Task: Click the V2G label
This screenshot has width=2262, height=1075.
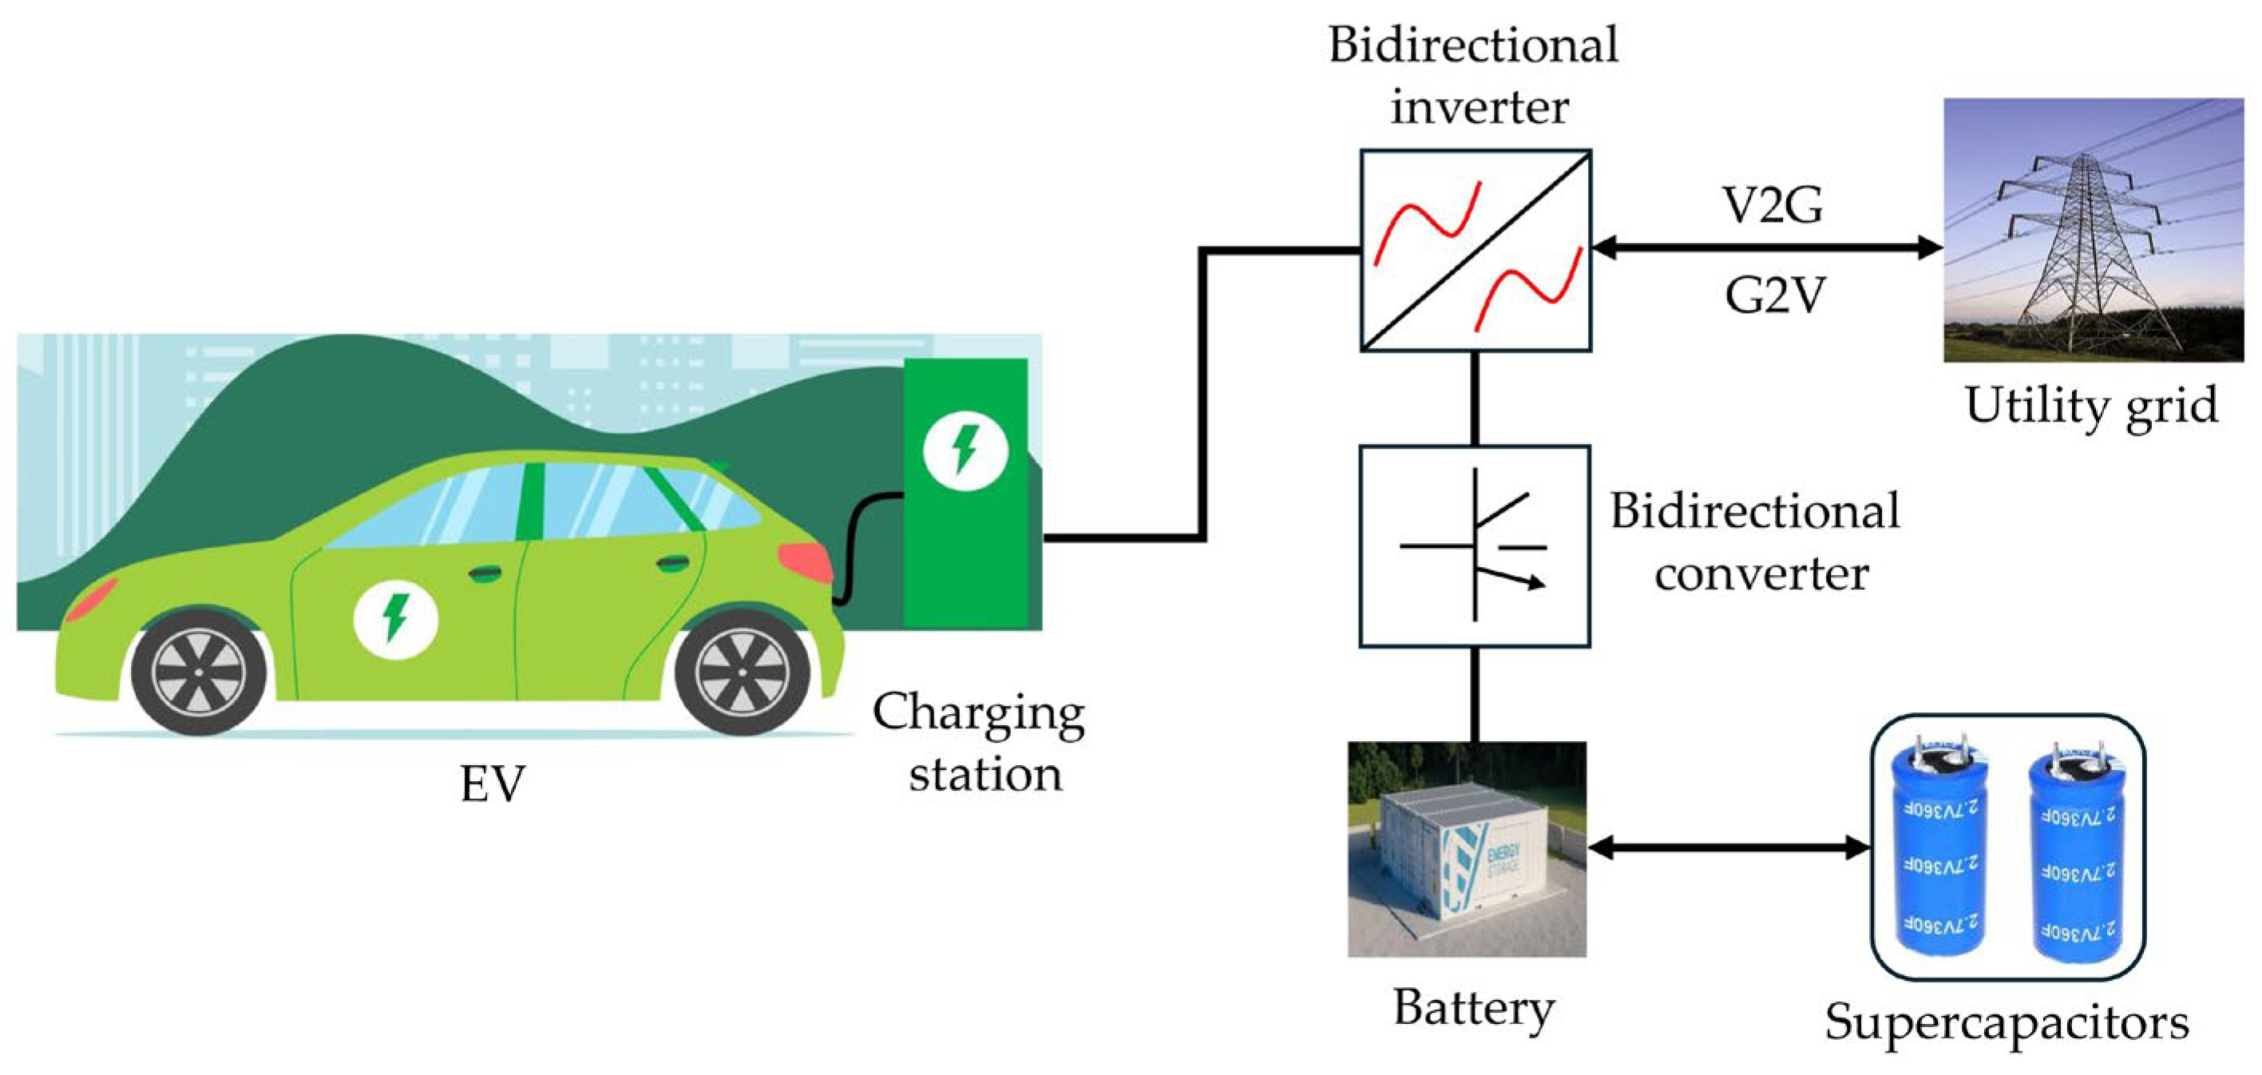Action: coord(1773,204)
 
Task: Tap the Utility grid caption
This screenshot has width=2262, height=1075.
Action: coord(2091,407)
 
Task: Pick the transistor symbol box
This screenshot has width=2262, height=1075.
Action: coord(1475,546)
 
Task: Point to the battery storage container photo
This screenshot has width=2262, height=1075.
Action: coord(1467,850)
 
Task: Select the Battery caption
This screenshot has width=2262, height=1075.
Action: coord(1473,1007)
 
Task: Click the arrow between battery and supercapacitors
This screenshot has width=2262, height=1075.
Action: coord(1728,847)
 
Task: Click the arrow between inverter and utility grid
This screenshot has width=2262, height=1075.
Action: coord(1766,248)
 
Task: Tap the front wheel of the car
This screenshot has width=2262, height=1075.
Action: coord(199,672)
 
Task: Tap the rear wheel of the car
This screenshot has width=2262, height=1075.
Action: coord(742,672)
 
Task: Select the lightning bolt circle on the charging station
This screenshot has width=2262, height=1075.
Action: coord(965,450)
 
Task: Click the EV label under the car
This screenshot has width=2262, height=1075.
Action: coord(493,784)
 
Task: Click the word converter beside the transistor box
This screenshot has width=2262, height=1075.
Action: coord(1761,574)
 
